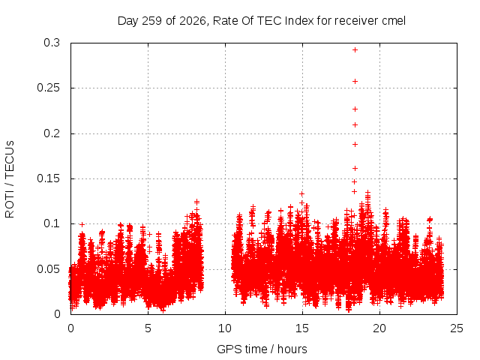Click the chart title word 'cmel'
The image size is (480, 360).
pyautogui.click(x=394, y=21)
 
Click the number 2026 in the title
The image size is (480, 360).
pyautogui.click(x=193, y=21)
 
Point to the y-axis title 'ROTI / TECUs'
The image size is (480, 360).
pyautogui.click(x=10, y=179)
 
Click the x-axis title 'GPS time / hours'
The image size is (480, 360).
pyautogui.click(x=262, y=349)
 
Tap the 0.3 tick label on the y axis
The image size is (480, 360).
pyautogui.click(x=52, y=43)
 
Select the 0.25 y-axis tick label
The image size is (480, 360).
pyautogui.click(x=48, y=88)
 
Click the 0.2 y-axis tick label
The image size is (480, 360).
pyautogui.click(x=52, y=133)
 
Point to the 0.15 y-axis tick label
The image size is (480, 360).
pyautogui.click(x=48, y=178)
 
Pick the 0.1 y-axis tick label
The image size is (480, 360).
pyautogui.click(x=52, y=223)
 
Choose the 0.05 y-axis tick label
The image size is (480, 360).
pyautogui.click(x=48, y=269)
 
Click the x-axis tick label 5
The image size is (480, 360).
pyautogui.click(x=148, y=328)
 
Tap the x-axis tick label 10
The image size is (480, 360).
pyautogui.click(x=225, y=328)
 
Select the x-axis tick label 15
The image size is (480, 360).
pyautogui.click(x=302, y=328)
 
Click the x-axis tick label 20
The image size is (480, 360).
pyautogui.click(x=379, y=328)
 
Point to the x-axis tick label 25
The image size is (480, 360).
pyautogui.click(x=457, y=328)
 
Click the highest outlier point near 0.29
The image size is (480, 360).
pyautogui.click(x=355, y=50)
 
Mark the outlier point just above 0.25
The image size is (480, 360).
pyautogui.click(x=355, y=82)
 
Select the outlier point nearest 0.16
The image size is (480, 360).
pyautogui.click(x=355, y=168)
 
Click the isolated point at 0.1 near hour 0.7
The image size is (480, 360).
pyautogui.click(x=82, y=225)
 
